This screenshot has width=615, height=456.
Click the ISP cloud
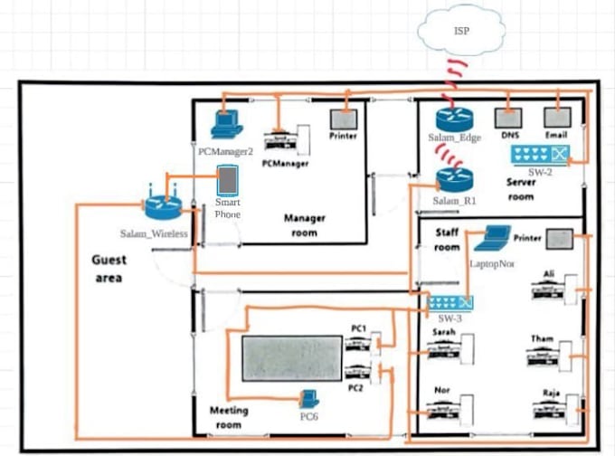(x=461, y=33)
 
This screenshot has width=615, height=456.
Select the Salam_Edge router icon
(x=449, y=119)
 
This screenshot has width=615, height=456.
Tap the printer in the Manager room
(x=342, y=119)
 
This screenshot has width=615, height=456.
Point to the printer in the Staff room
(x=558, y=239)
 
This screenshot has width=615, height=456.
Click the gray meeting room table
(x=291, y=358)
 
